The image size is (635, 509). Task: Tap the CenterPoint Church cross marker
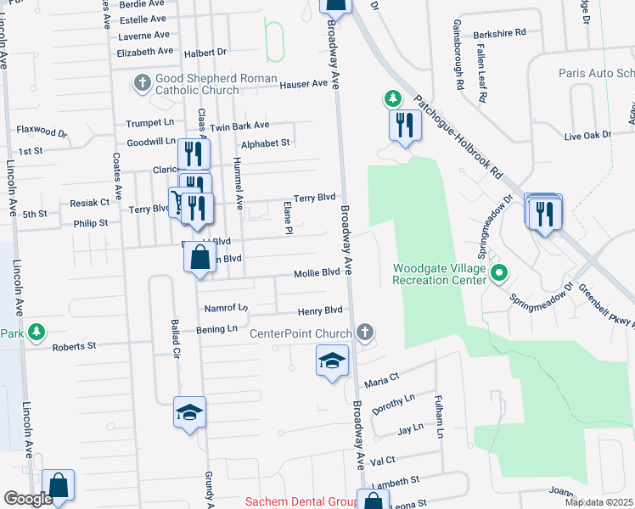pos(365,333)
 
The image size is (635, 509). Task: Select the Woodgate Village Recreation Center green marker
pos(500,273)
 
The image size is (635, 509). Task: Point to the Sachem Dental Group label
pos(301,502)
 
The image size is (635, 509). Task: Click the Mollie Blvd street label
pos(317,272)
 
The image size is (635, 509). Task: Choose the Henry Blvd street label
pos(319,310)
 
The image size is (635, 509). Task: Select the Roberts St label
pos(74,346)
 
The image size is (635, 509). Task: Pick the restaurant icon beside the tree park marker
pos(405,125)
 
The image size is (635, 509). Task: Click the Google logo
pos(28,499)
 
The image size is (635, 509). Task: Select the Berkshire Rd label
pos(500,31)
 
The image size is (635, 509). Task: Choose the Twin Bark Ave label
pos(239,126)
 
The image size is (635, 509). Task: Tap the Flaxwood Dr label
pos(42,131)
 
